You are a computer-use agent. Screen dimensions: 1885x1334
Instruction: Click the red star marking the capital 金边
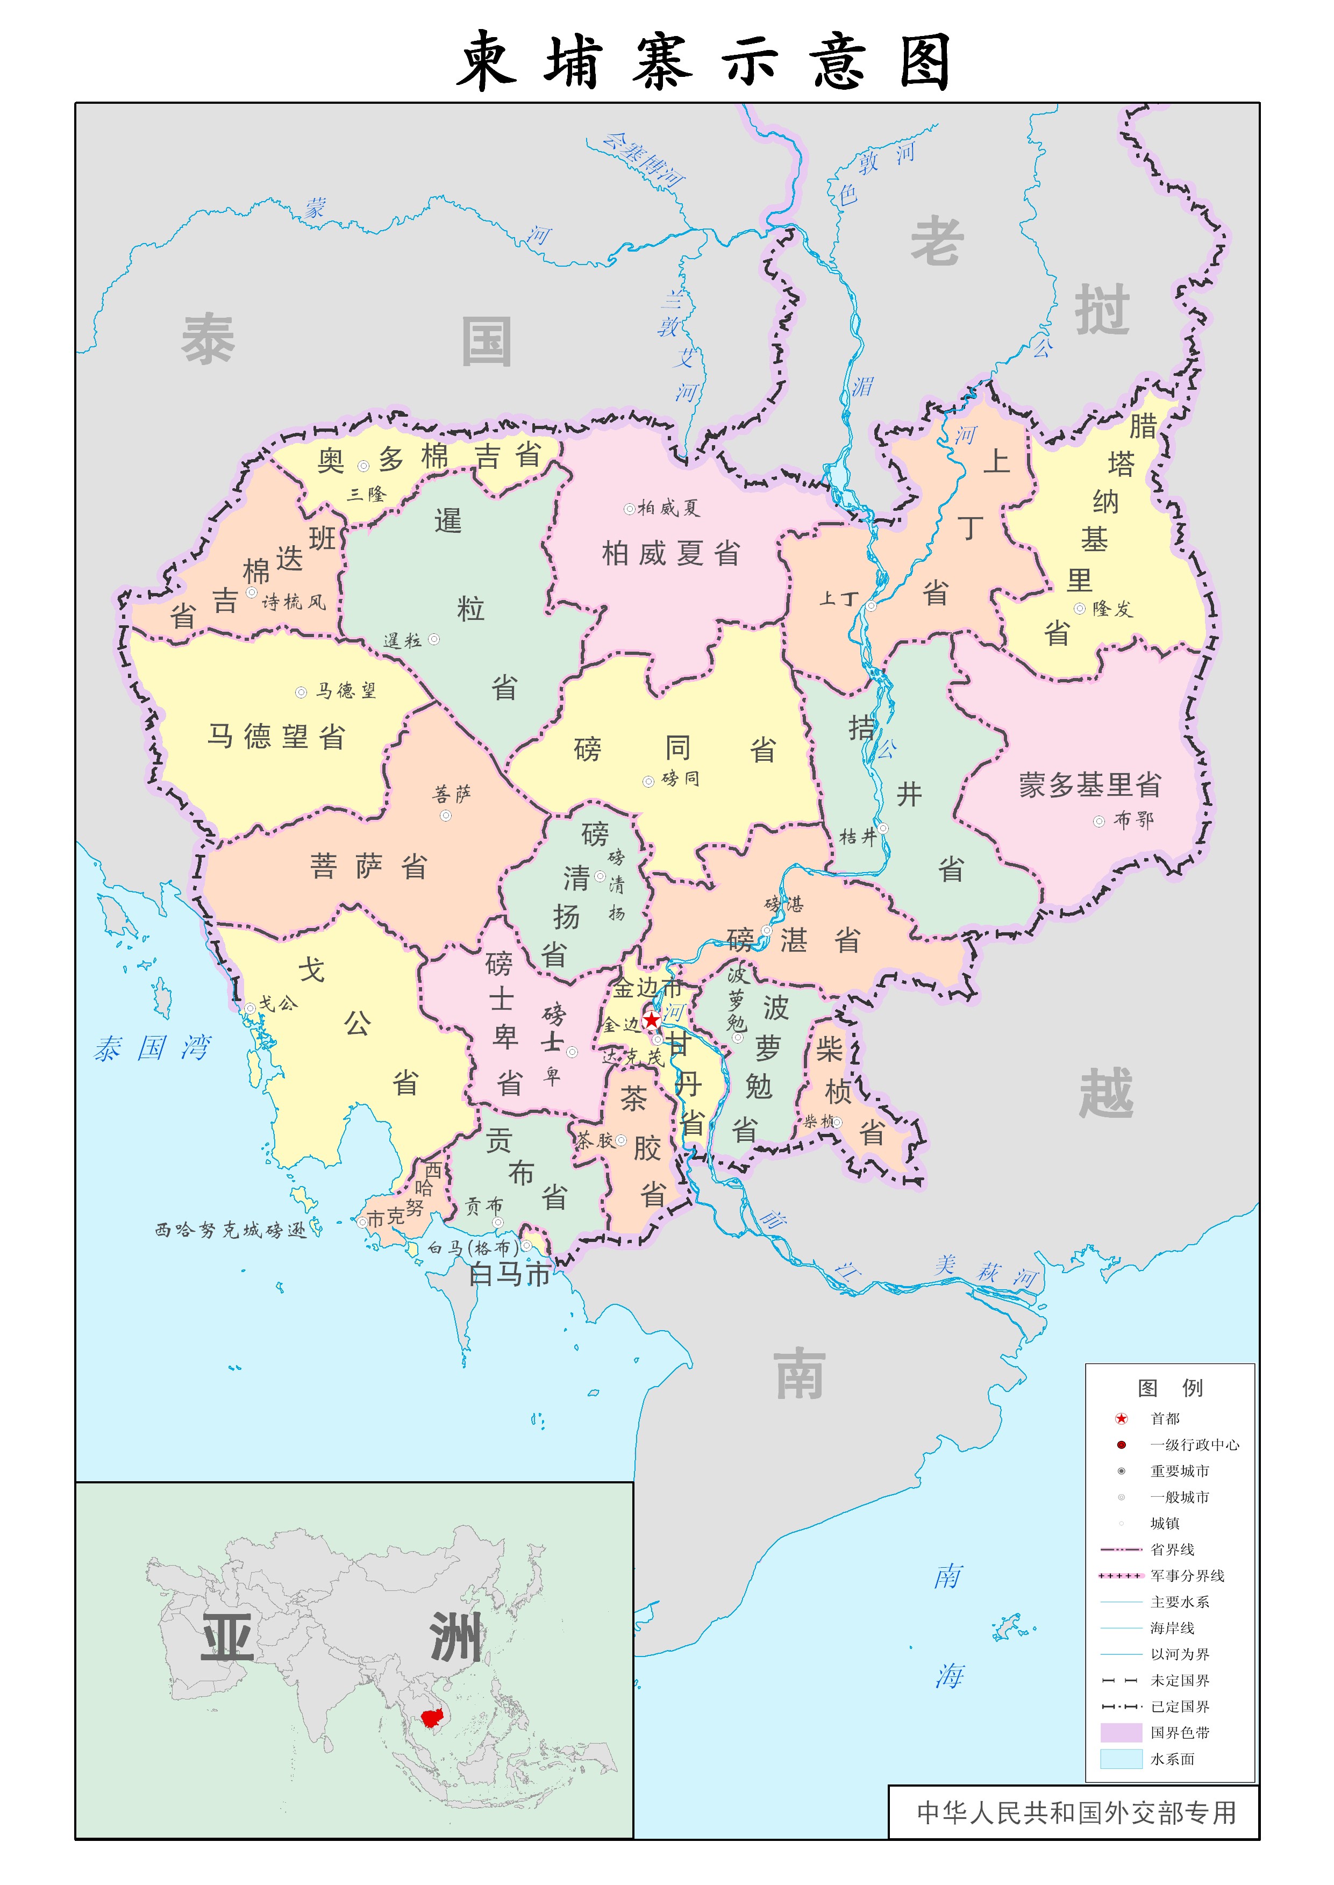pyautogui.click(x=651, y=1020)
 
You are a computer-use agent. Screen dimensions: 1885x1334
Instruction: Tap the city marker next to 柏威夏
pyautogui.click(x=629, y=509)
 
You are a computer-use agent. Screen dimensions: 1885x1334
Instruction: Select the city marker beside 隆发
pyautogui.click(x=1079, y=609)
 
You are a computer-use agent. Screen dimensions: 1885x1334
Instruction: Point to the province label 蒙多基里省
pyautogui.click(x=1090, y=784)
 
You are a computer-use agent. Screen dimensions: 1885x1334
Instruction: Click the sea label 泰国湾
pyautogui.click(x=153, y=1048)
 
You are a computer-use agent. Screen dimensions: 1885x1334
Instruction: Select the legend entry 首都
pyautogui.click(x=1164, y=1418)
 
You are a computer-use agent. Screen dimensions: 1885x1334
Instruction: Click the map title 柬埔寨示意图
pyautogui.click(x=705, y=62)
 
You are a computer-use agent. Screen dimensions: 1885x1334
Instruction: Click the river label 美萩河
pyautogui.click(x=986, y=1272)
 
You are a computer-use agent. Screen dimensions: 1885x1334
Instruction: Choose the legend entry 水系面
pyautogui.click(x=1172, y=1759)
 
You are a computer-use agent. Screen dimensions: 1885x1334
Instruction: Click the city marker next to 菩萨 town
pyautogui.click(x=445, y=816)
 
